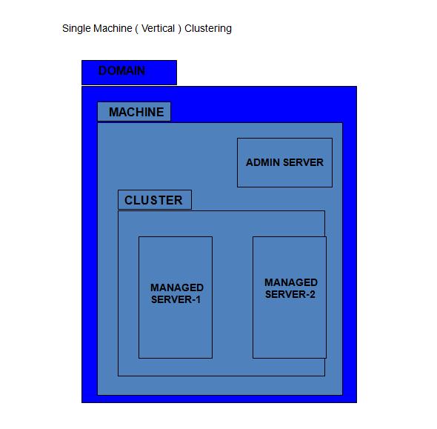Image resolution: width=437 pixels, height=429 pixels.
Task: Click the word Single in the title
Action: tap(76, 29)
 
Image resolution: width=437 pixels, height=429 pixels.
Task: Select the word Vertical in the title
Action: tap(158, 29)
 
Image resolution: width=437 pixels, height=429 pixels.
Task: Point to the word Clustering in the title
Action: tap(208, 29)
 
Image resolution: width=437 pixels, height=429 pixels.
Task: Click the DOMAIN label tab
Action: tap(129, 72)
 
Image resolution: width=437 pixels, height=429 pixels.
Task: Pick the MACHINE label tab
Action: tap(134, 112)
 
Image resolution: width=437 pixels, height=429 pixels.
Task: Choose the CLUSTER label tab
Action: tap(154, 200)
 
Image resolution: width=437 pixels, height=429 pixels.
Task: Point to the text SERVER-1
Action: tap(176, 300)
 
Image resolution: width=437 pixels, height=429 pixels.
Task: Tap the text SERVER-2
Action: tap(290, 295)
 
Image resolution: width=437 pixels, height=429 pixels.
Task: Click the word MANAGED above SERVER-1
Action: tap(177, 287)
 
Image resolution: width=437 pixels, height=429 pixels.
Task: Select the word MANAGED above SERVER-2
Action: tap(291, 282)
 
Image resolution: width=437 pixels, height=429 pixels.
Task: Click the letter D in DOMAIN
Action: tap(103, 71)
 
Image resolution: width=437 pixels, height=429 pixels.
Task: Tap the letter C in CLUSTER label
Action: tap(129, 201)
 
